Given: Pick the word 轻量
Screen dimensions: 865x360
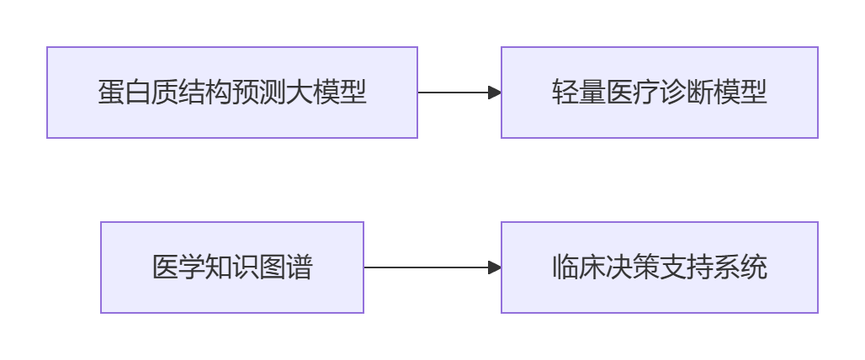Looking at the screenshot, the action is [x=579, y=92].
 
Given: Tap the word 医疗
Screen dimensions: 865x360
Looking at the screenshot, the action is [x=633, y=92].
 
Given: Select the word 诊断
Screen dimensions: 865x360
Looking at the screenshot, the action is [x=687, y=92].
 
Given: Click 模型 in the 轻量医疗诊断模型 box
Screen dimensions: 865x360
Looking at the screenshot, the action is [x=740, y=92].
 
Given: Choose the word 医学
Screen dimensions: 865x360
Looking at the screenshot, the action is [x=178, y=267].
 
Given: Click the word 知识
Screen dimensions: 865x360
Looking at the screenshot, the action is [x=232, y=267].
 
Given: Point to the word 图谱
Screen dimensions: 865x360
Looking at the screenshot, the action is [x=286, y=267].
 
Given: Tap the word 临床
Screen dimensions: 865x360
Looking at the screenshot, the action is [x=579, y=267].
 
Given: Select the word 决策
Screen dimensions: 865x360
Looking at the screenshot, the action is [x=633, y=267].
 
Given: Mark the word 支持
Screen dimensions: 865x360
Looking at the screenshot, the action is [x=687, y=267].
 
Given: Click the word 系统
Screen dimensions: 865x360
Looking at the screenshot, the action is [x=740, y=267].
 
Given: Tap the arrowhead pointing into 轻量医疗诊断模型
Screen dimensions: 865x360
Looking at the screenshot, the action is [x=495, y=93].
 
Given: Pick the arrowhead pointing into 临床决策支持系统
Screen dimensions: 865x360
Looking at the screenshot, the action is [x=495, y=268].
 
